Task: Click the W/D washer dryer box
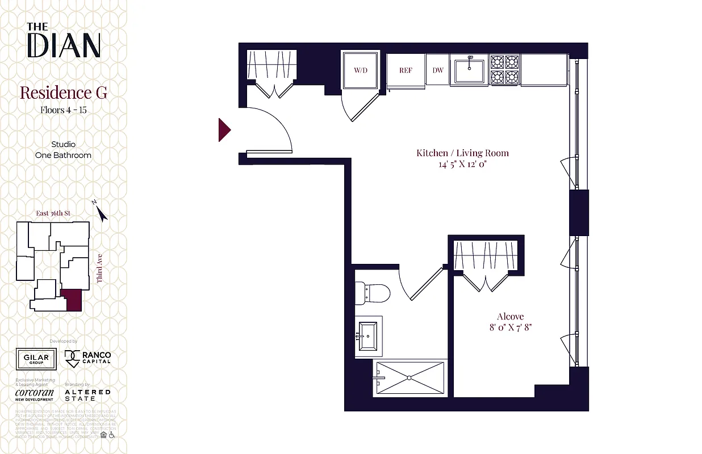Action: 360,70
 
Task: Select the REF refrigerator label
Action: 406,70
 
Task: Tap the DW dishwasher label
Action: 438,70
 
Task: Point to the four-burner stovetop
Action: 504,70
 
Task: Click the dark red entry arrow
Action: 224,130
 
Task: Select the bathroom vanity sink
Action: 369,336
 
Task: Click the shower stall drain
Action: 409,377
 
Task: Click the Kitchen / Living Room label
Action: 462,153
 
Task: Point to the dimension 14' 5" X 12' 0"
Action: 462,165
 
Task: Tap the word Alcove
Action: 510,316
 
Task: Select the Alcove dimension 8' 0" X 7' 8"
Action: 510,327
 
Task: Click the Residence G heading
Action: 63,93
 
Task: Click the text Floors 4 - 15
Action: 63,110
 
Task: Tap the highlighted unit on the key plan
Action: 72,300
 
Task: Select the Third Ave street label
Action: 99,268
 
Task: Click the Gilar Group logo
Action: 36,359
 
